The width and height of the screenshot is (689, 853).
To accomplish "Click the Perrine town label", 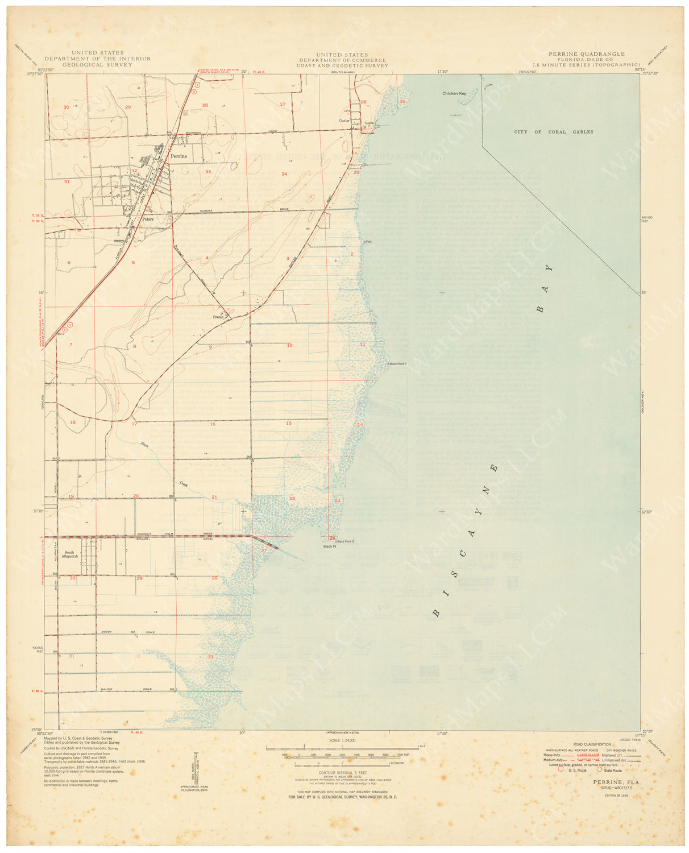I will (179, 156).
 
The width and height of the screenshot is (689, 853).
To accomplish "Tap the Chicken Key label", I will (454, 93).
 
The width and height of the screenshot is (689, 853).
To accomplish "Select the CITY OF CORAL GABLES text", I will (553, 132).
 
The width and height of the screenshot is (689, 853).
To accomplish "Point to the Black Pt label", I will (329, 546).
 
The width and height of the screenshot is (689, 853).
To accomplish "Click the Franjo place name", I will (219, 317).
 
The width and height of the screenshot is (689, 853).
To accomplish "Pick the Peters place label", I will (148, 219).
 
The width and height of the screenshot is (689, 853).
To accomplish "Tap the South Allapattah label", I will (69, 555).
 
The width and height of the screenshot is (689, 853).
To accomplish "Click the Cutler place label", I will (344, 121).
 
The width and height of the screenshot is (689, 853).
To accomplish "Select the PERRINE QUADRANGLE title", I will (586, 54).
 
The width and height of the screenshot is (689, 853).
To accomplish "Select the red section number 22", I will (292, 499).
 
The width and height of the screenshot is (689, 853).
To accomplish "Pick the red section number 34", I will (284, 173).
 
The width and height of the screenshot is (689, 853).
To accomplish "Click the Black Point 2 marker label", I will (397, 364).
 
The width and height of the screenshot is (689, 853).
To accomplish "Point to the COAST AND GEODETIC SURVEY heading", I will (342, 65).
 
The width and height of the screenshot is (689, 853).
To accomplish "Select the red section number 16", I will (213, 424).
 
